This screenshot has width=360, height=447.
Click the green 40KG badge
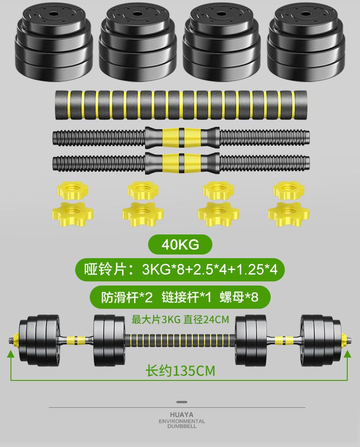click(x=180, y=244)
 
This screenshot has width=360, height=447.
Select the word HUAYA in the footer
click(x=182, y=415)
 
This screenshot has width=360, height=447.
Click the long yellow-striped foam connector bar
click(x=181, y=105)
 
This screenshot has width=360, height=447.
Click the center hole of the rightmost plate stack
click(x=306, y=14)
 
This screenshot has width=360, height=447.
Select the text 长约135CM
click(x=180, y=371)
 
